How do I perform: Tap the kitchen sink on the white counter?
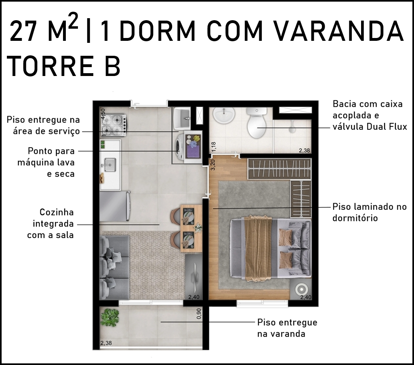[x=110, y=165]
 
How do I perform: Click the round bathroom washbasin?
[x=224, y=115]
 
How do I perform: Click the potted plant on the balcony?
[x=109, y=317]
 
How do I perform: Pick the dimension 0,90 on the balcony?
[x=199, y=314]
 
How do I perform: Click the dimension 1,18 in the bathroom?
[x=213, y=147]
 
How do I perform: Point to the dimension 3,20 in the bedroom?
[x=213, y=165]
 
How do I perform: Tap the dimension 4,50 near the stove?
[x=103, y=114]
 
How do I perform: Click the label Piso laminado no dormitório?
[x=370, y=212]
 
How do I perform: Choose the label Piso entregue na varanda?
[x=287, y=328]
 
